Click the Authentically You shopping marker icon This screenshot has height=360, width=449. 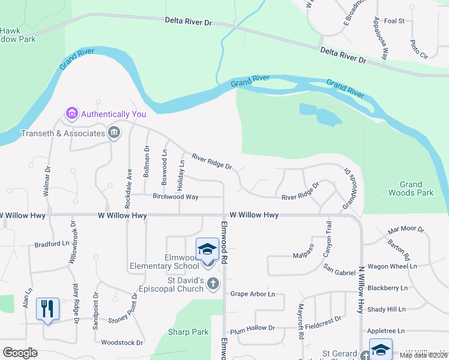pos(72,113)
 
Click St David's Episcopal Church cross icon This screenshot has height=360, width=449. pos(213,283)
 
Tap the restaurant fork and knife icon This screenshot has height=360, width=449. pos(47,308)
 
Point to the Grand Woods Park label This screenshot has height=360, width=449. pos(417,188)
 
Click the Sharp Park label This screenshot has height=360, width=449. pos(188,332)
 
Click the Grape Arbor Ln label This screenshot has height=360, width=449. pos(253,294)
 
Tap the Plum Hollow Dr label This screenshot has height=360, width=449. pos(252,328)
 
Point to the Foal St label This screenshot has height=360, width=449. pos(394,20)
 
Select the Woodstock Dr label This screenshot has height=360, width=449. pos(122,343)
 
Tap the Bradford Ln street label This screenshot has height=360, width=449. pos(52,244)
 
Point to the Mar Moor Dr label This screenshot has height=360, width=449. pos(406,230)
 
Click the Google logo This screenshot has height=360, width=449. pos(20,353)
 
